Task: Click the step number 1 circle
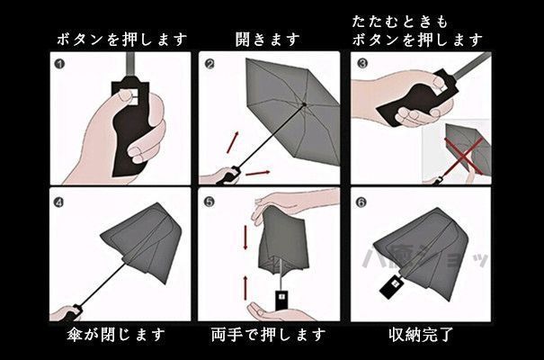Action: [x=59, y=64]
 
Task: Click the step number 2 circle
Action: [x=210, y=64]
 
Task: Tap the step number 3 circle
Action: [x=361, y=64]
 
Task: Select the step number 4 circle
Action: [x=58, y=202]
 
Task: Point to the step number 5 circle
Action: [x=209, y=202]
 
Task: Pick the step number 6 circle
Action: [x=361, y=202]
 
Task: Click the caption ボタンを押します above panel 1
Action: [x=121, y=40]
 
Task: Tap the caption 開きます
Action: [x=267, y=40]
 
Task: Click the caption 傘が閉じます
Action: [x=116, y=335]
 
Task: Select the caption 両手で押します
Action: [x=268, y=335]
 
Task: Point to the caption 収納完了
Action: [x=421, y=335]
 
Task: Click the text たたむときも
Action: [x=400, y=22]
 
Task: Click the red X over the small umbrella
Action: [x=465, y=155]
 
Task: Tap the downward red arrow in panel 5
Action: [x=245, y=237]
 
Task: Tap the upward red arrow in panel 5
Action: [x=245, y=288]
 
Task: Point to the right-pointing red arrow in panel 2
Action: [x=257, y=173]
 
